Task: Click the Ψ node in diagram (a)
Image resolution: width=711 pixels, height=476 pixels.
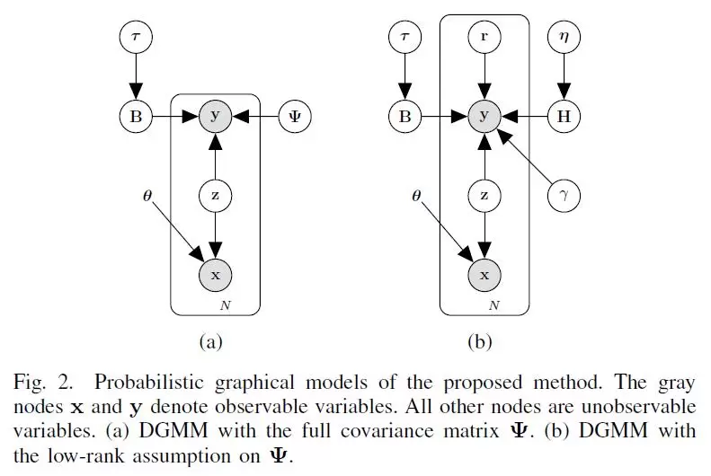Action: pos(295,116)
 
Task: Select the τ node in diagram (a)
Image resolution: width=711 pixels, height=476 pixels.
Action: pos(135,39)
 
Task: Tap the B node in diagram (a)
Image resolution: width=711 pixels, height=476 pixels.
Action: pos(135,116)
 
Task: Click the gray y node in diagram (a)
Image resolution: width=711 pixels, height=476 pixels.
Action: pos(215,116)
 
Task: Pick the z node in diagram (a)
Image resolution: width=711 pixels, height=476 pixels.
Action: pos(215,194)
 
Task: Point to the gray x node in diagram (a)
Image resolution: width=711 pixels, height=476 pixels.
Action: pos(215,274)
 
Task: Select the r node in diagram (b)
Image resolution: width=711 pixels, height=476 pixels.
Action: pos(484,39)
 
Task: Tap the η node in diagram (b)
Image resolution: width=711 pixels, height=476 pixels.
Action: pos(564,39)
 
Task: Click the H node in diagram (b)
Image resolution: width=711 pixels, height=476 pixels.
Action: pos(564,116)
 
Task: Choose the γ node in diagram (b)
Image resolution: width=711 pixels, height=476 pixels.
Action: pos(564,194)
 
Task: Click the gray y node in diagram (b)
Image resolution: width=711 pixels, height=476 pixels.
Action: pos(484,116)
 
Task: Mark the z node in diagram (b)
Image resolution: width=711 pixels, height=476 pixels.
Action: pos(484,194)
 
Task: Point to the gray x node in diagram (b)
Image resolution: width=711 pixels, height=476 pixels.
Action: pos(484,274)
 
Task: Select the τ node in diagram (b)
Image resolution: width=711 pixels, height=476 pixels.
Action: pos(404,39)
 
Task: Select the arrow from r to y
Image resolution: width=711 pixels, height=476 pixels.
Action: pos(484,77)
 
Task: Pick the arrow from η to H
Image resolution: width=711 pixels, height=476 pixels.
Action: pos(564,77)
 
